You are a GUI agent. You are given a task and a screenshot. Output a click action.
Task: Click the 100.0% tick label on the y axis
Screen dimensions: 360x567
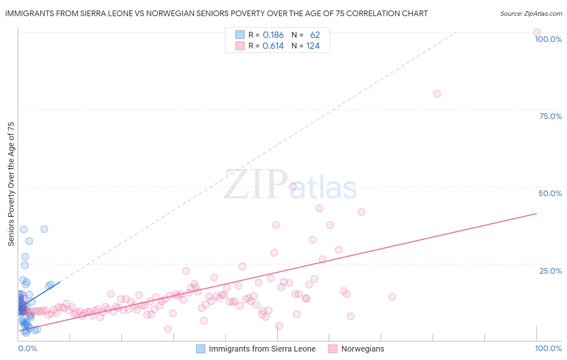548,39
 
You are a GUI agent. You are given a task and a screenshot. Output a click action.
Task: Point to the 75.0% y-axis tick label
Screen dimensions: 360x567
550,116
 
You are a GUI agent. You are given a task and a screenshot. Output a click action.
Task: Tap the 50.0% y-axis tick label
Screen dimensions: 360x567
550,193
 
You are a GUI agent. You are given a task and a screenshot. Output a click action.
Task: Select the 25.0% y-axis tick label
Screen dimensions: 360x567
550,271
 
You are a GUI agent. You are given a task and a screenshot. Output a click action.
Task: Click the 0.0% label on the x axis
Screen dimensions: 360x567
27,348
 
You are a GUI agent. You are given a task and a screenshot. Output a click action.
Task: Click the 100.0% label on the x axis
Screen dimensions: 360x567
548,348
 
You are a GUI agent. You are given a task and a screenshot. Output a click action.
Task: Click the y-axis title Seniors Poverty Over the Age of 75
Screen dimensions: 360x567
11,184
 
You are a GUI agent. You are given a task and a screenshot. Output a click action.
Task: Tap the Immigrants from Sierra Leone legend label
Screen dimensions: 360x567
262,349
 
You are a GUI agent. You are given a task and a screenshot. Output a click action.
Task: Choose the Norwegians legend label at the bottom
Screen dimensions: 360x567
363,349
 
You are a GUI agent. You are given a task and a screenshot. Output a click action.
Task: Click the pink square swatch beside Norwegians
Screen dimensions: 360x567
332,349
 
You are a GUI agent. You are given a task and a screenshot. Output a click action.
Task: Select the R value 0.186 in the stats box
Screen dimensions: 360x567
273,35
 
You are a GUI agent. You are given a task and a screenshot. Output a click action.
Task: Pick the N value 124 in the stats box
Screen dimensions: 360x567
313,46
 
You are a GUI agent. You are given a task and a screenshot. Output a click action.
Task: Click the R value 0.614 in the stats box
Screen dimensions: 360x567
273,46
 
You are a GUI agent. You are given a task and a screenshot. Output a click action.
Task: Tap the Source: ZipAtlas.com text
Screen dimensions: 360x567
531,14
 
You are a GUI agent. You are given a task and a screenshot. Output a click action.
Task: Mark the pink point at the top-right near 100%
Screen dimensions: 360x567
537,32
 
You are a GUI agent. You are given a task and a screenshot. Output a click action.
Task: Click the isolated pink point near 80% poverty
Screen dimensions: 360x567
437,94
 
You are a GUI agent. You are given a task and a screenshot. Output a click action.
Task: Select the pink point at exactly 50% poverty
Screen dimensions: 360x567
293,186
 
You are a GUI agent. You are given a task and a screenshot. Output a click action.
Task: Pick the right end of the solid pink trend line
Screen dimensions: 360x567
536,213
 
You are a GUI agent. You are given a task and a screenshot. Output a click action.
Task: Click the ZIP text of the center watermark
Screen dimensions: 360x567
256,185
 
